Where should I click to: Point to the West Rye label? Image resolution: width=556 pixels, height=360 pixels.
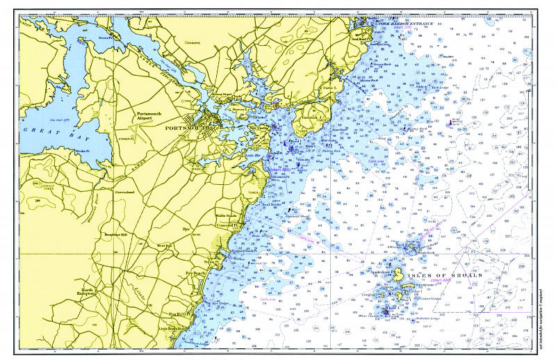(164, 245)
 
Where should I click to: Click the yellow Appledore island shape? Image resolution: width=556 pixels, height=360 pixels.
(398, 272)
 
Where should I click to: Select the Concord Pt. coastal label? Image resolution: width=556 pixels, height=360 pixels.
(227, 224)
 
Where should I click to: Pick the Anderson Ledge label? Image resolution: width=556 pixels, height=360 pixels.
(429, 320)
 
